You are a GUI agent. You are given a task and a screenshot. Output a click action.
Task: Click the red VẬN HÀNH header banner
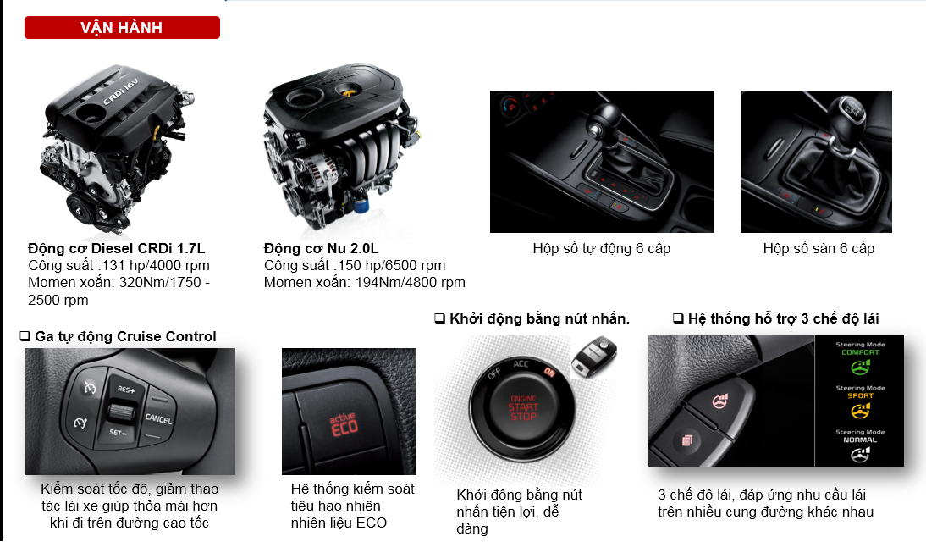click(122, 28)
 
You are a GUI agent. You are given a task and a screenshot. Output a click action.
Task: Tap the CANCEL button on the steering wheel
click(159, 418)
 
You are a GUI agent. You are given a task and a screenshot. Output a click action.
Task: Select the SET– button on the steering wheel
click(119, 433)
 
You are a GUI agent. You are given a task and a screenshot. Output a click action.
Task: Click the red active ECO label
click(343, 424)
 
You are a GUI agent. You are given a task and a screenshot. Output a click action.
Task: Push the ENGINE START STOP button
click(523, 408)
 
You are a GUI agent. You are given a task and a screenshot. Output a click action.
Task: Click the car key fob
click(594, 354)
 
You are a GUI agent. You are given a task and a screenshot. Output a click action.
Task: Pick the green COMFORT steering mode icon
click(861, 367)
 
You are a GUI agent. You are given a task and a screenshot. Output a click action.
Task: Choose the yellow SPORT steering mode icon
click(861, 410)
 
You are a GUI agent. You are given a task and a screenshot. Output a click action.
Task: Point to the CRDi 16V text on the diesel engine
click(120, 91)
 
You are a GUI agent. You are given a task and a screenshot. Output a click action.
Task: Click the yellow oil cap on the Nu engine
click(350, 91)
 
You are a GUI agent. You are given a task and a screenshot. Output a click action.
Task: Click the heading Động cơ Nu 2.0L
click(322, 248)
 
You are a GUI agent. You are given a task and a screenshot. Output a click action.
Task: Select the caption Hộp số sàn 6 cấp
click(819, 248)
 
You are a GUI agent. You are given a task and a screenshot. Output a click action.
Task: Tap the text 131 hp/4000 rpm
click(156, 265)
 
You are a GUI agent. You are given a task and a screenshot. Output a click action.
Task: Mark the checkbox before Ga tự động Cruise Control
click(25, 336)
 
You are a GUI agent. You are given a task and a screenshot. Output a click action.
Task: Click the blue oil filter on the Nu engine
click(360, 204)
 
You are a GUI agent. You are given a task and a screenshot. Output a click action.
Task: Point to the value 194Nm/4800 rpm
click(410, 283)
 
